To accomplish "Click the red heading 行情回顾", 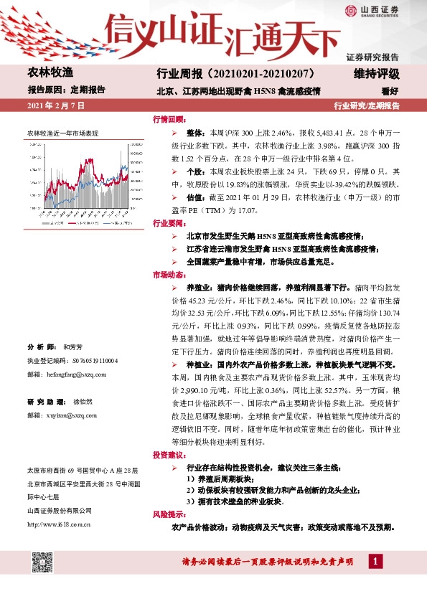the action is coord(169,119).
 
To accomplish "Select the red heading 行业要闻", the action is coord(169,223).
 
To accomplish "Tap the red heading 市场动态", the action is coord(169,275).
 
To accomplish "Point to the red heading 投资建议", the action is coord(169,456).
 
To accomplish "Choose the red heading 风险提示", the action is coord(169,515).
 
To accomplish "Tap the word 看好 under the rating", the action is coord(390,91).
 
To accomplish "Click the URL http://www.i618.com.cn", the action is coord(57,525).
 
